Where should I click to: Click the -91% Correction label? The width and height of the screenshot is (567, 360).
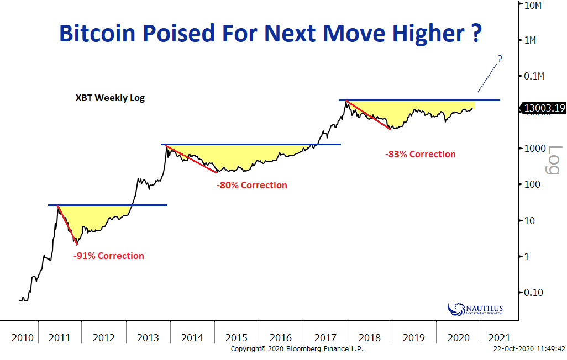(x=108, y=256)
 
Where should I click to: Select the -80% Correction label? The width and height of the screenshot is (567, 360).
(x=252, y=186)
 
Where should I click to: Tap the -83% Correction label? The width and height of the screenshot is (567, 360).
(x=421, y=155)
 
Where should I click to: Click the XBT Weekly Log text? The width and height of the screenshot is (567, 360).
(x=110, y=98)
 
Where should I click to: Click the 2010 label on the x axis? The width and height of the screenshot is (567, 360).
(x=22, y=337)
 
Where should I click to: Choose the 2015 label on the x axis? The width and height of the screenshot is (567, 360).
(x=237, y=337)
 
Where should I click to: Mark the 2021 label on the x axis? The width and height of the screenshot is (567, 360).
(x=496, y=337)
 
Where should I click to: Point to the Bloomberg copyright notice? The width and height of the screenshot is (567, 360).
(x=297, y=349)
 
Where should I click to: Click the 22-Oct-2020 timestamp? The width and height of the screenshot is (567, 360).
(x=529, y=349)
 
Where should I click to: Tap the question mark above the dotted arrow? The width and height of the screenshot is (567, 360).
(x=500, y=59)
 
